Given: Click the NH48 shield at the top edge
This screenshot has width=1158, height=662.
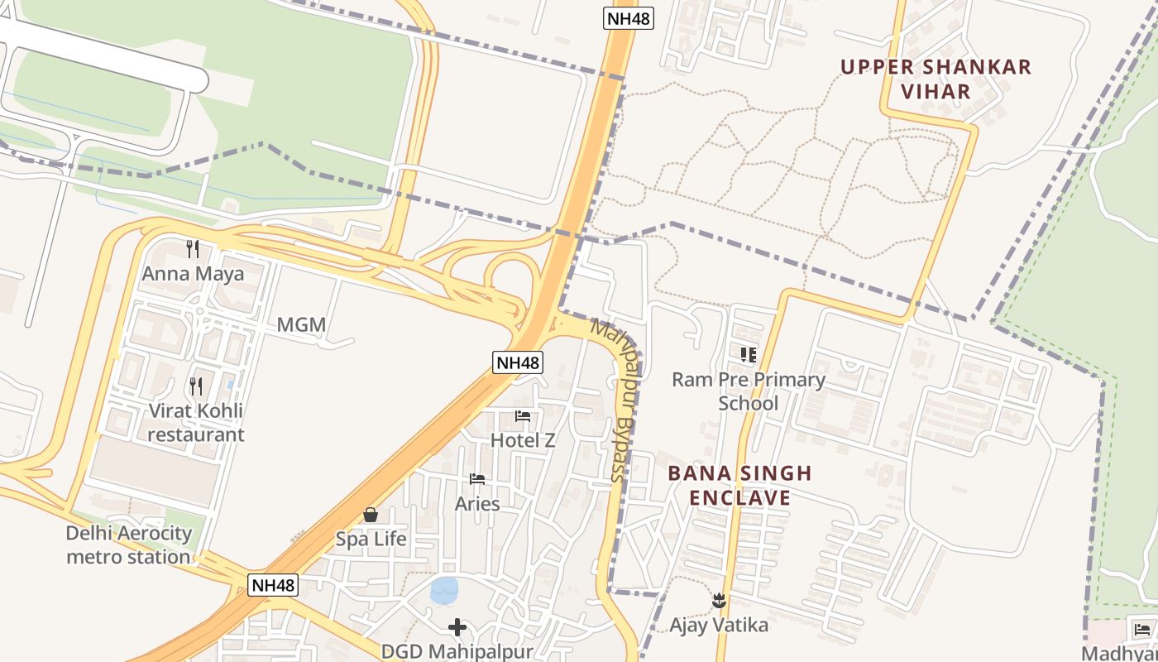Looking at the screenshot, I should coord(628,18).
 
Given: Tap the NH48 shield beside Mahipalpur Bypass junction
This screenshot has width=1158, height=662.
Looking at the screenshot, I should coord(518,362).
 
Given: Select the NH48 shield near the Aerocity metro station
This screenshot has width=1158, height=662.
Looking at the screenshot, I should coord(272,585).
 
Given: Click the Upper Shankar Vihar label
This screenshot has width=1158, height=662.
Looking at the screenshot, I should coord(936,79).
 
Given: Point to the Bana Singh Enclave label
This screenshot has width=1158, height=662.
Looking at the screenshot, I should coord(739,485).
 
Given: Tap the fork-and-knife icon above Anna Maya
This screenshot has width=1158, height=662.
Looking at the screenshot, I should coord(193,248).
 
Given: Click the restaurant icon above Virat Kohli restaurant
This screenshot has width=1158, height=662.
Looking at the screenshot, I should coord(196,386).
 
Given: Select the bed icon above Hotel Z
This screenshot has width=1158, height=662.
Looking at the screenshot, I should coord(523,416).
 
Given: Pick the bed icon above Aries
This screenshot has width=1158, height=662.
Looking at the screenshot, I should coord(477,479).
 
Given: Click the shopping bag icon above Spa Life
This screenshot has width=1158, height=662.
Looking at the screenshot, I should coord(371,515).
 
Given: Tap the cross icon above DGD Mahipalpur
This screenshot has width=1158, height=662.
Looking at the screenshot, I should coord(457,627).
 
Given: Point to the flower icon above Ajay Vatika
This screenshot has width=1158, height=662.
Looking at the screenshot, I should coord(719,601).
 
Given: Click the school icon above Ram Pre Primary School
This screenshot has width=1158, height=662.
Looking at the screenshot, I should coord(749,355).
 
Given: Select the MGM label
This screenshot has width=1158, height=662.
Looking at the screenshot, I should coord(301,325).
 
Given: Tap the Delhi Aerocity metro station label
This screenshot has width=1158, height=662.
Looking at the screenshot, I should coord(128,545).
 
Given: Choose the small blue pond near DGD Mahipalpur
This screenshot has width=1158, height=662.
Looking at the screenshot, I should coord(444,590).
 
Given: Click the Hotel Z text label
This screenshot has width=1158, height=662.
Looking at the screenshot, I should coord(523,440).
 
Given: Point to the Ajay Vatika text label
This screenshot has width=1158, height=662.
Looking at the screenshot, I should coord(719,625).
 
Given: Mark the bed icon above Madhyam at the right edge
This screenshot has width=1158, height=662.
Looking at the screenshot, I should coord(1143,629).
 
